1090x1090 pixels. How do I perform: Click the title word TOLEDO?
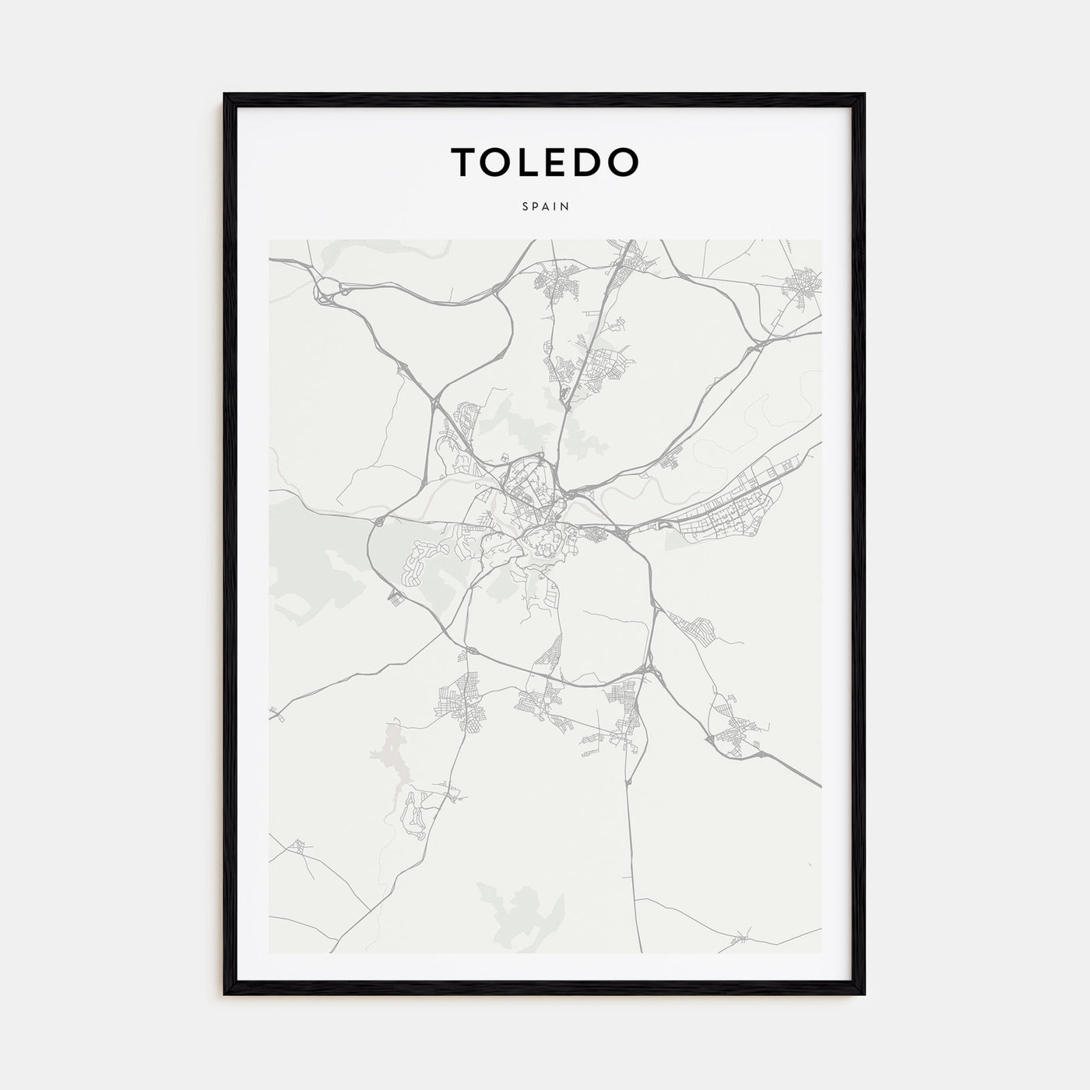545,161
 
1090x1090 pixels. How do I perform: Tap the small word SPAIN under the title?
545,207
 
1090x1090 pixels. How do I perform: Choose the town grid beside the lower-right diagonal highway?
736,732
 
